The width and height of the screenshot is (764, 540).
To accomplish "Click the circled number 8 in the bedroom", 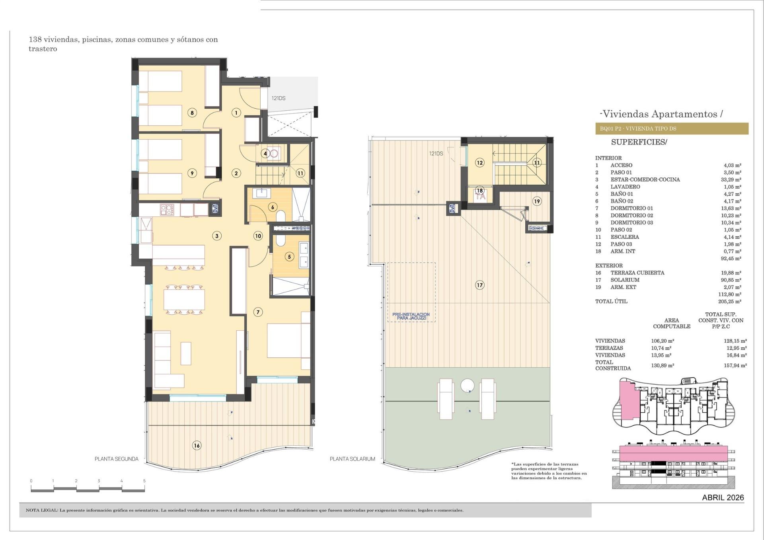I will [x=192, y=113].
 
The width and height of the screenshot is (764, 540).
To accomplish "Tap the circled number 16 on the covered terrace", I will [x=197, y=445].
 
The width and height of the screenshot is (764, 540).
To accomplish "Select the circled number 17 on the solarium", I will [x=479, y=285].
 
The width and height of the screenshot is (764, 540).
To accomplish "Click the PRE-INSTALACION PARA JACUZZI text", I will [x=411, y=316].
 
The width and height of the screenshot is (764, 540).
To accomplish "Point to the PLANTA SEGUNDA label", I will [x=116, y=459].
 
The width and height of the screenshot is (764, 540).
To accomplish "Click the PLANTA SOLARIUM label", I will [x=352, y=459].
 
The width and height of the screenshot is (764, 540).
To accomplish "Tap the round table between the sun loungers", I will [x=467, y=385].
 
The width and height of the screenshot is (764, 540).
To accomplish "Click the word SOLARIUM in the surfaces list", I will [x=624, y=280].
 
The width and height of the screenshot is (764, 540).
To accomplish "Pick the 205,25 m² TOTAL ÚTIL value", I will [x=731, y=301].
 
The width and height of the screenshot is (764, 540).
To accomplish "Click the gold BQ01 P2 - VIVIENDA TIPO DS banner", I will [x=671, y=129].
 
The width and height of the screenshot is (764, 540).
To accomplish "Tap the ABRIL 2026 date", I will [x=723, y=497].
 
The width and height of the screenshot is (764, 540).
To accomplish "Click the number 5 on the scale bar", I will [x=144, y=481].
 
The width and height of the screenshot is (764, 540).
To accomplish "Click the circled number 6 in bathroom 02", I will [x=273, y=207].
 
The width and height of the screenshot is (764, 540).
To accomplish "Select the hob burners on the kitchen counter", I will [x=167, y=209].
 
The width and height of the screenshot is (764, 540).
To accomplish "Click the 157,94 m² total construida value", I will [x=735, y=365].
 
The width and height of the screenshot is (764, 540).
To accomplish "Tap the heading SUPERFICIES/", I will [x=639, y=142].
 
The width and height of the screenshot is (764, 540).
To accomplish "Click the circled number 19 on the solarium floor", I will [x=537, y=201].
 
